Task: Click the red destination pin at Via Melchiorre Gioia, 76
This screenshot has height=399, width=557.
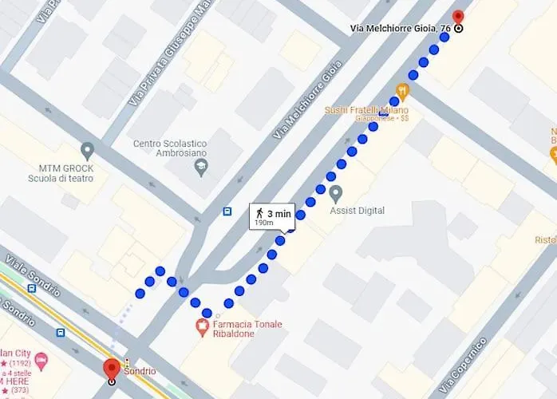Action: tap(458, 18)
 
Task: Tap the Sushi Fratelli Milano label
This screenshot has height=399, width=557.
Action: tap(366, 110)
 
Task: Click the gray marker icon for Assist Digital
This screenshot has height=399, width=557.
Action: tap(336, 193)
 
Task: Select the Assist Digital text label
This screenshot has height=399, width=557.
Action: tap(357, 211)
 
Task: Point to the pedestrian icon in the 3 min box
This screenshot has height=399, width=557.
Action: tap(260, 212)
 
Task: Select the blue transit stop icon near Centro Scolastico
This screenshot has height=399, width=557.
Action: tap(227, 211)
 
